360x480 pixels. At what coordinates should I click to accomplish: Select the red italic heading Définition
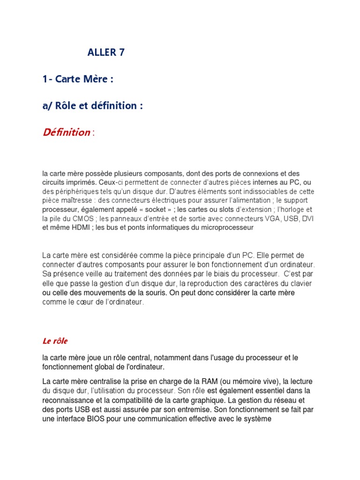pos(66,133)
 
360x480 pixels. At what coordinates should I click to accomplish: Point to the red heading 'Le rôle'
pos(55,341)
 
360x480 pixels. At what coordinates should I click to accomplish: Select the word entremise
pos(188,409)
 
